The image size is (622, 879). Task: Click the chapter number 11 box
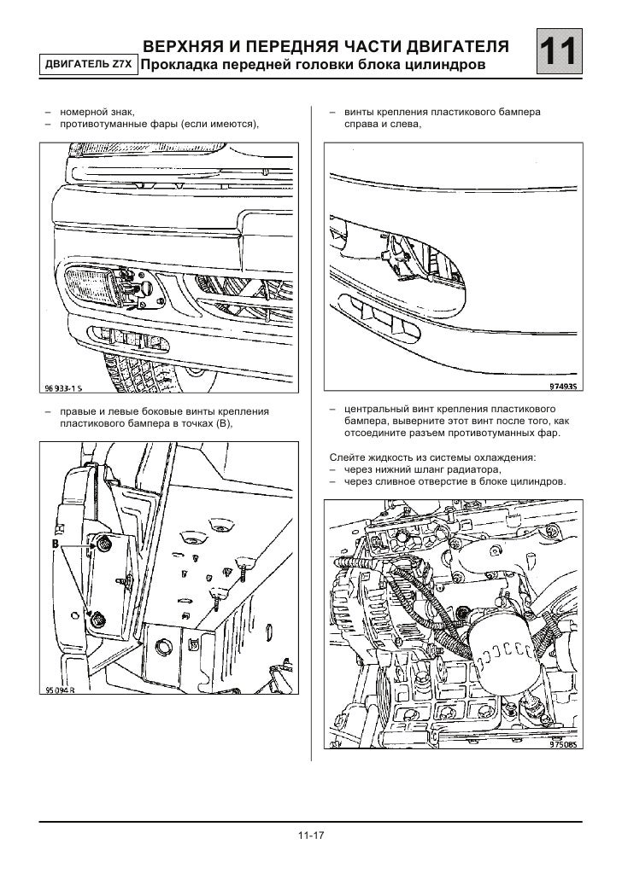pos(560,55)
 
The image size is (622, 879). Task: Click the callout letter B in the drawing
pos(55,544)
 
